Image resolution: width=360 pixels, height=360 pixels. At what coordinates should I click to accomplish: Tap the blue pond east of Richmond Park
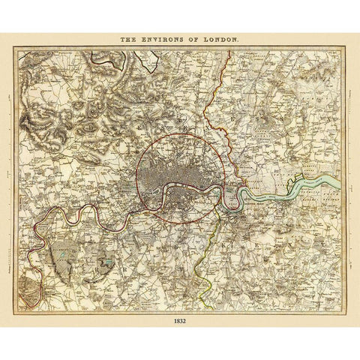pyautogui.click(x=111, y=262)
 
